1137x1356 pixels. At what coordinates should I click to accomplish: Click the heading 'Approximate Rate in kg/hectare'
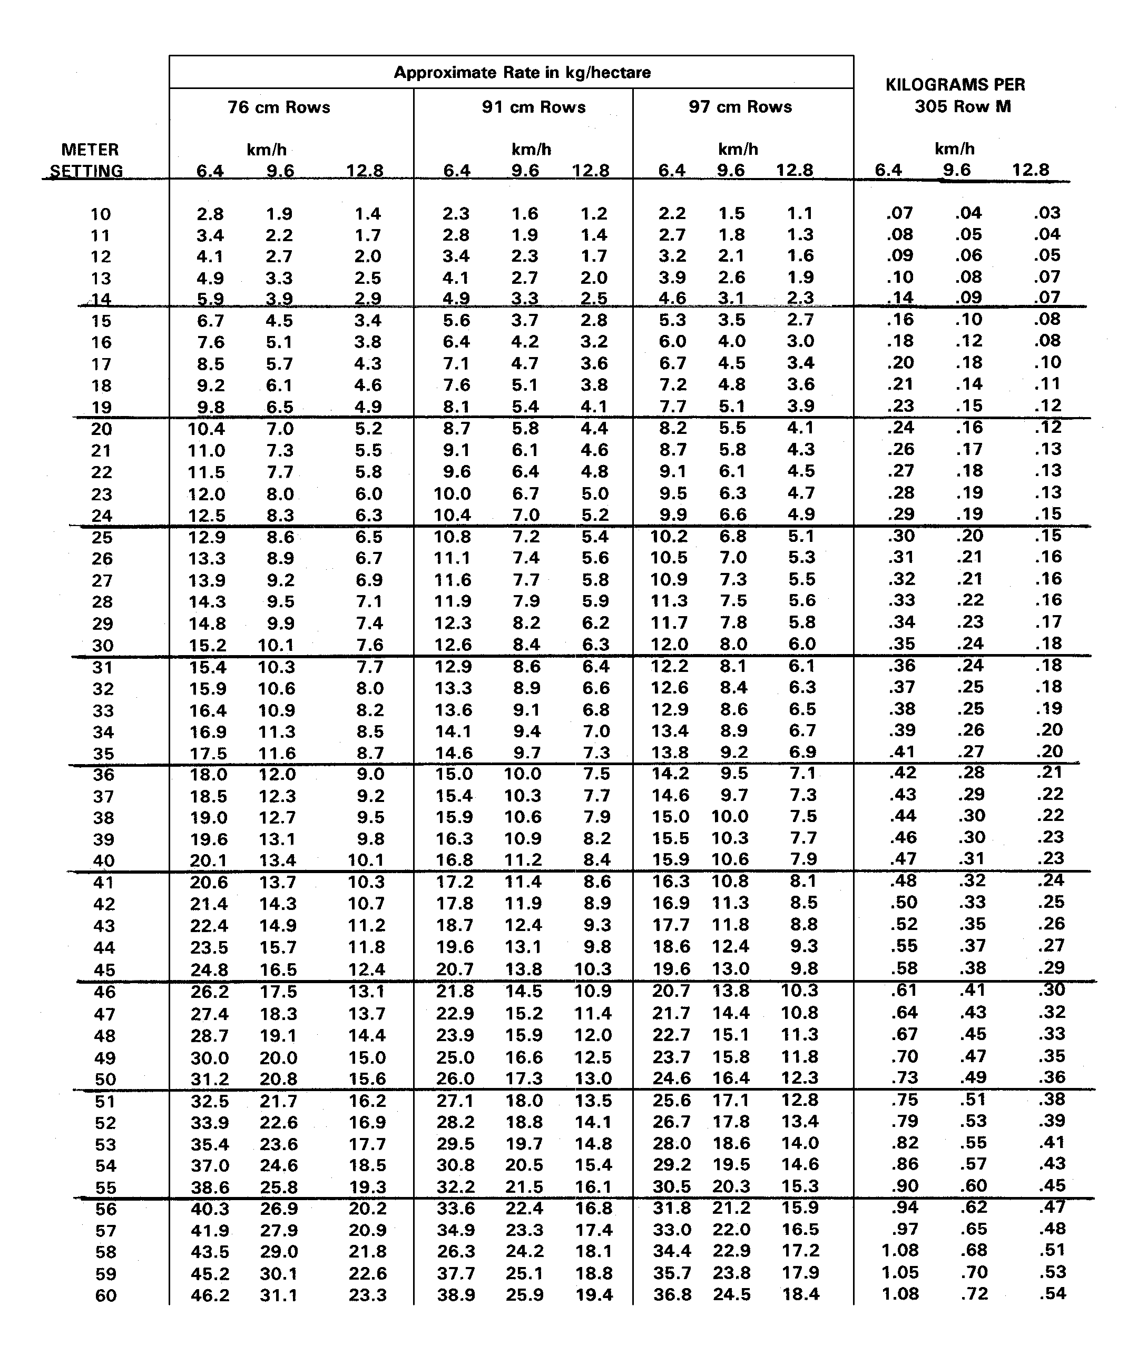pyautogui.click(x=522, y=72)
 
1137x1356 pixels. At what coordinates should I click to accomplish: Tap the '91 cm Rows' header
pyautogui.click(x=534, y=107)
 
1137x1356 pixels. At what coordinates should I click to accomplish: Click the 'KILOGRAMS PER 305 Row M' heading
pyautogui.click(x=955, y=95)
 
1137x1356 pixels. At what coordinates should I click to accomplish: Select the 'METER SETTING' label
pyautogui.click(x=89, y=160)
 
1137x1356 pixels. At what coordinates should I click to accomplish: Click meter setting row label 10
pyautogui.click(x=101, y=214)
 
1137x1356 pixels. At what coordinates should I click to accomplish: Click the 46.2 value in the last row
pyautogui.click(x=210, y=1295)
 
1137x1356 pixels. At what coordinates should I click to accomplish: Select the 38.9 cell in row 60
pyautogui.click(x=456, y=1295)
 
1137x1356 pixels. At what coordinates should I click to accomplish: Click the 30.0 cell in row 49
pyautogui.click(x=209, y=1057)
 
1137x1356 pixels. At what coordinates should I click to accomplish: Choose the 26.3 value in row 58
pyautogui.click(x=456, y=1251)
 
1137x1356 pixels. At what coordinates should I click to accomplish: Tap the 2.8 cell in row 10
pyautogui.click(x=210, y=214)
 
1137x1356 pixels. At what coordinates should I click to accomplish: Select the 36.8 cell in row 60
pyautogui.click(x=672, y=1295)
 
